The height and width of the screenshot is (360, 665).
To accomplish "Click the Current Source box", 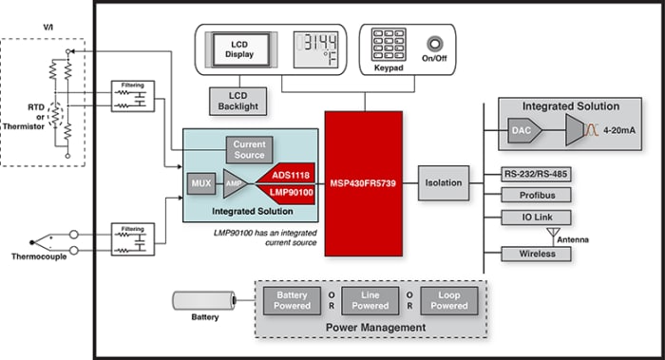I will point(248,148).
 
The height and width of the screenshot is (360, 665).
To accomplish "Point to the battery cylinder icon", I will point(204,301).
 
